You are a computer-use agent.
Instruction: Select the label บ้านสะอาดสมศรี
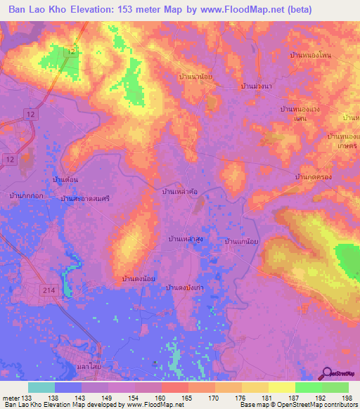[86, 200]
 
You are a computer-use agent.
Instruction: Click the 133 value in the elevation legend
[26, 398]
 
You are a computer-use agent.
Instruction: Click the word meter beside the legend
[11, 398]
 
